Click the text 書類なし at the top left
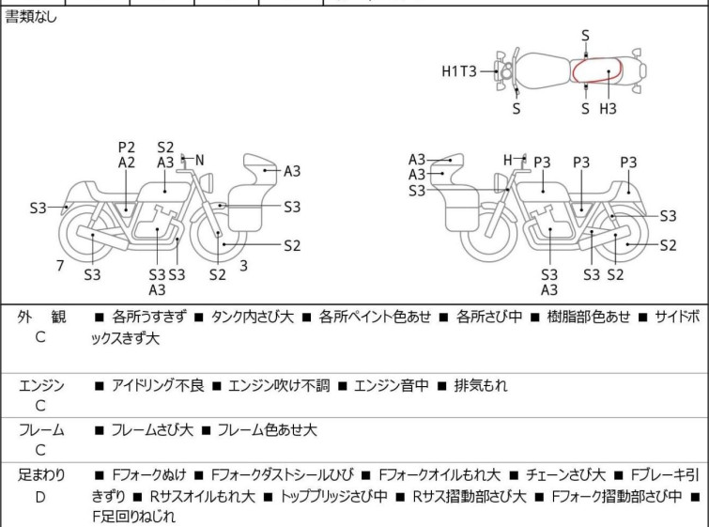tap(31, 17)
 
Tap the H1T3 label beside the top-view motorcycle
tap(459, 71)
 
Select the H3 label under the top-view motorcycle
tap(609, 109)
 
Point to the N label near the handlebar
tap(199, 160)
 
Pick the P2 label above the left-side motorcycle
tap(127, 147)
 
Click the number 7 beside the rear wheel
tap(60, 266)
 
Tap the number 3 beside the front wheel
tap(244, 266)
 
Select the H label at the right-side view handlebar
tap(508, 160)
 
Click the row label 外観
tap(41, 317)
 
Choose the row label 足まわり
tap(41, 475)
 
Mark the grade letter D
tap(40, 497)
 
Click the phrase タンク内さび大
tap(253, 317)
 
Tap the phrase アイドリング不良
tap(159, 385)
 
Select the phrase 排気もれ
tap(481, 385)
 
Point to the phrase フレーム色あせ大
tap(268, 429)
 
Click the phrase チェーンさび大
tap(565, 475)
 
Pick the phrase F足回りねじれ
tap(134, 516)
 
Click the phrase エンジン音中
tap(392, 385)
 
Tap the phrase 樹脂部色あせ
tap(588, 317)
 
